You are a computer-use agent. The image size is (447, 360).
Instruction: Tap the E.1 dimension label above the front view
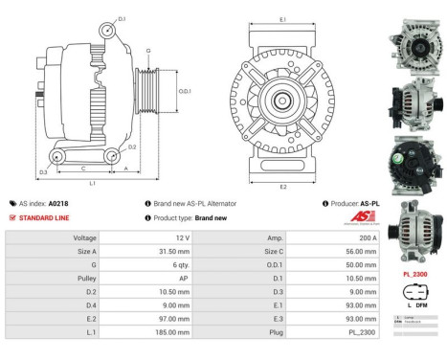coord(283,18)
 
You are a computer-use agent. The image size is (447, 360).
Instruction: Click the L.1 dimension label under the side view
coord(91,182)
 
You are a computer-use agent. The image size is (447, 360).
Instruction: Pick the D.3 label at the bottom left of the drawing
coord(44,172)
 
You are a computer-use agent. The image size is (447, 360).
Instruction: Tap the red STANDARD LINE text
coord(43,217)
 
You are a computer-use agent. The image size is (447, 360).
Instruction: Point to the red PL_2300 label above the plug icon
coord(415,273)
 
